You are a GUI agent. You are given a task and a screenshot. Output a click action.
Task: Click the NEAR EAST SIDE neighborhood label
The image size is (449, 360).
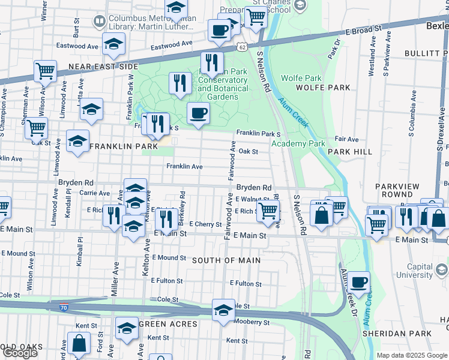click(x=100, y=67)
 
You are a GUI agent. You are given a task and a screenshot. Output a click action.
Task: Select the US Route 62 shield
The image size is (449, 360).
click(x=241, y=46)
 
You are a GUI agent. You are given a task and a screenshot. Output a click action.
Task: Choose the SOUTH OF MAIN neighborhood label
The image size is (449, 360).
click(x=226, y=260)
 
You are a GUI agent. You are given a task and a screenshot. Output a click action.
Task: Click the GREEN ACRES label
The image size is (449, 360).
click(x=168, y=324)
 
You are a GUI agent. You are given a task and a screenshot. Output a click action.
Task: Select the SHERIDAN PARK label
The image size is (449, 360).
click(x=396, y=333)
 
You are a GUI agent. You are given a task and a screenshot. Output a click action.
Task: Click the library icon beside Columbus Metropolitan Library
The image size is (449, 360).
click(x=100, y=22)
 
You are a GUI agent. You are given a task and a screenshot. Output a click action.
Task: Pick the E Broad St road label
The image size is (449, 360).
click(x=364, y=29)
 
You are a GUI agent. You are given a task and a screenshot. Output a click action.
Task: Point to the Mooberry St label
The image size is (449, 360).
click(x=247, y=322)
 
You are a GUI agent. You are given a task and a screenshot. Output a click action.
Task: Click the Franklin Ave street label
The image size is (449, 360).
click(x=184, y=166)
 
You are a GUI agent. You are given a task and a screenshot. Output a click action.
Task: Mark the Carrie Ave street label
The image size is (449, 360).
click(x=95, y=193)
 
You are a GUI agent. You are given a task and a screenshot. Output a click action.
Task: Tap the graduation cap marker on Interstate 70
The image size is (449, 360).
click(x=223, y=310)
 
